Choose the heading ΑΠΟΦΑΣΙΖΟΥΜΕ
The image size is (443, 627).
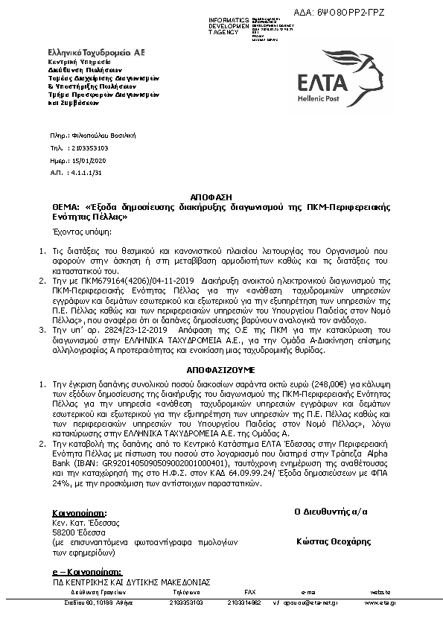tap(221, 369)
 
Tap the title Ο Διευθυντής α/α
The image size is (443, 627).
tap(331, 512)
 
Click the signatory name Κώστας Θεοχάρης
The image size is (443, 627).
tap(333, 541)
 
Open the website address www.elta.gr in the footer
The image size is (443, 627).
tap(380, 602)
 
